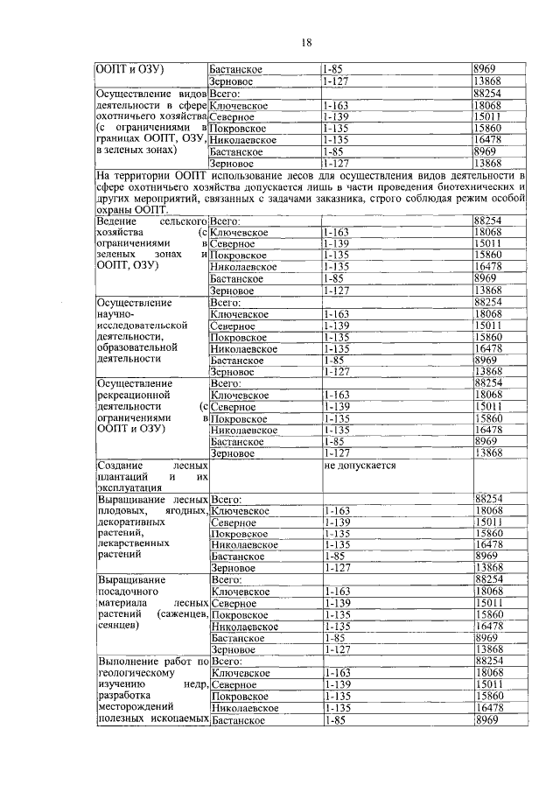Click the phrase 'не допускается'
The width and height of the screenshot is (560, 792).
pyautogui.click(x=360, y=466)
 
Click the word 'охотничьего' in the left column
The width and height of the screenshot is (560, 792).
pyautogui.click(x=124, y=117)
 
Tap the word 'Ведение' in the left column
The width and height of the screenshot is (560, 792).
pyautogui.click(x=116, y=221)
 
